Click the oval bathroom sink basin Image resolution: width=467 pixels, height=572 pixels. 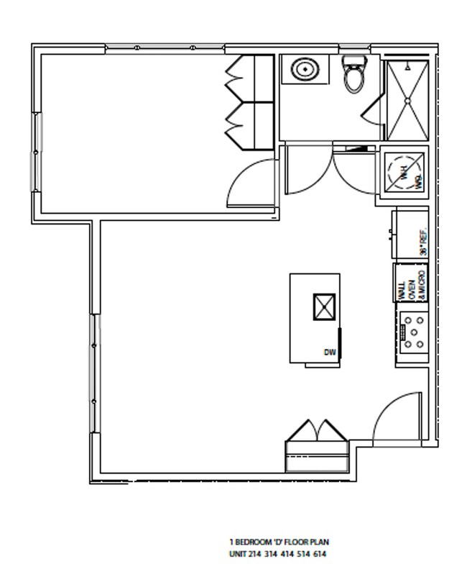click(x=305, y=70)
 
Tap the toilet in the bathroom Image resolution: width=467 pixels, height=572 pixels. click(x=354, y=76)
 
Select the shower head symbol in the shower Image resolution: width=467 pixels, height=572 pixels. click(x=407, y=66)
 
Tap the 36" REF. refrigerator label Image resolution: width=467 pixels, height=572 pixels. click(x=423, y=243)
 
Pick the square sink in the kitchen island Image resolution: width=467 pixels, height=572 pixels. click(x=324, y=307)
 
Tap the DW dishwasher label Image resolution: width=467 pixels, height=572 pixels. click(x=330, y=352)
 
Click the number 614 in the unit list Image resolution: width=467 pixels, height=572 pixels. click(x=320, y=555)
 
